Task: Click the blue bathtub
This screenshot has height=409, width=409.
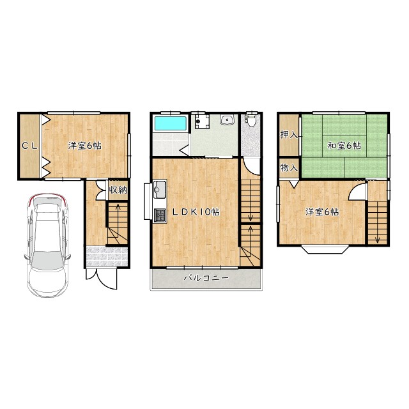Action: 171,123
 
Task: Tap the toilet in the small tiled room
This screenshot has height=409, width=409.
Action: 251,120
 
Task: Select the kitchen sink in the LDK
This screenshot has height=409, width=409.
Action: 160,190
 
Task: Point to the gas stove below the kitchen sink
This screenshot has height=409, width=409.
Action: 160,215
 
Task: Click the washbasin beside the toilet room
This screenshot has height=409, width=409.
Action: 228,120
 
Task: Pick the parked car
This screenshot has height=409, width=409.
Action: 47,245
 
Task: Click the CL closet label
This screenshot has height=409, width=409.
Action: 30,146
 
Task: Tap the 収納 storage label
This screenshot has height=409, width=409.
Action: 118,190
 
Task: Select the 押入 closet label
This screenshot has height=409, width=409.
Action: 288,135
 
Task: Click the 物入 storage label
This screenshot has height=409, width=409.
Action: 289,167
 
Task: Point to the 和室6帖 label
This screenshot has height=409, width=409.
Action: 344,146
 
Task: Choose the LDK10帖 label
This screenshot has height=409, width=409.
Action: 196,212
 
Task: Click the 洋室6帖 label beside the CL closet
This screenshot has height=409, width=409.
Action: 85,146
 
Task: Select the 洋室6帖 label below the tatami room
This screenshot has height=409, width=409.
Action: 322,212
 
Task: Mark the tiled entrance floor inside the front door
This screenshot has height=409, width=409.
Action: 107,257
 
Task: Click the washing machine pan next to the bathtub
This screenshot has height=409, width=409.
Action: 202,121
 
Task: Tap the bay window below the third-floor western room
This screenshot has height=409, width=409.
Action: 325,249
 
